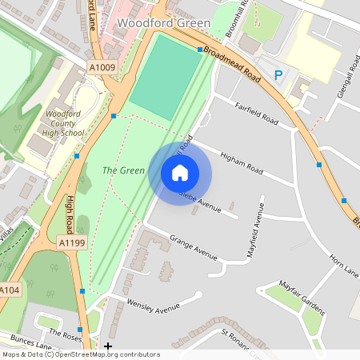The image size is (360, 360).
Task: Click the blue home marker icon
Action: point(180,173)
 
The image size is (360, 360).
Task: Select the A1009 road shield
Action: point(102,68)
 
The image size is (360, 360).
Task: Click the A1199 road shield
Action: point(72,241)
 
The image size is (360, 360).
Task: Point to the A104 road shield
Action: point(9,290)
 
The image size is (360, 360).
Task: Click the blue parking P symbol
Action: point(278,75)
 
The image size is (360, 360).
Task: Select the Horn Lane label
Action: point(345,266)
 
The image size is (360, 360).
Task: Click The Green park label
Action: point(123,170)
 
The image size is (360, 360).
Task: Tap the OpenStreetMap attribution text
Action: point(80,354)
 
